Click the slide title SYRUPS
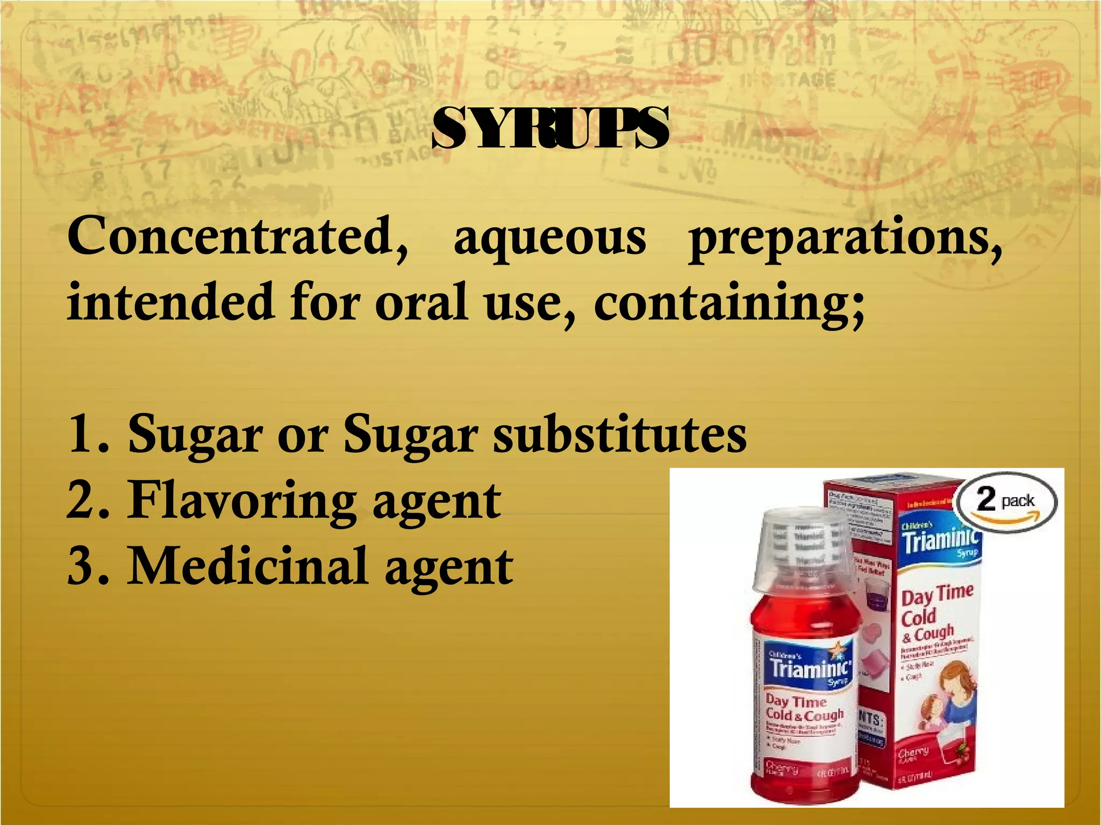tap(550, 129)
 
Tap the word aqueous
tap(549, 240)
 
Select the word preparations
tap(845, 240)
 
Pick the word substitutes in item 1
tap(620, 436)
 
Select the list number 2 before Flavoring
tap(82, 500)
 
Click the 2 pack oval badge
tap(1007, 501)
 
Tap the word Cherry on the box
tap(913, 753)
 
